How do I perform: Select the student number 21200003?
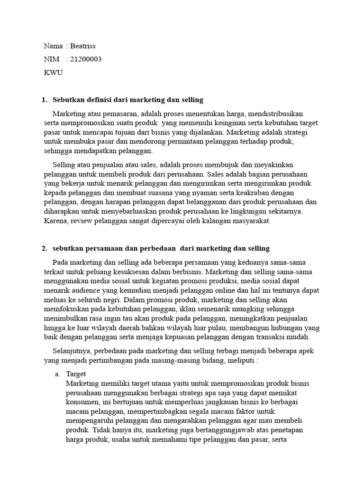click(86, 59)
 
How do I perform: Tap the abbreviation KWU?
click(53, 73)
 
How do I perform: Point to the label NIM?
click(52, 59)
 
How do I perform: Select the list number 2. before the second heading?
click(45, 248)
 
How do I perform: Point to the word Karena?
click(55, 221)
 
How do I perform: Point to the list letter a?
click(57, 374)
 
